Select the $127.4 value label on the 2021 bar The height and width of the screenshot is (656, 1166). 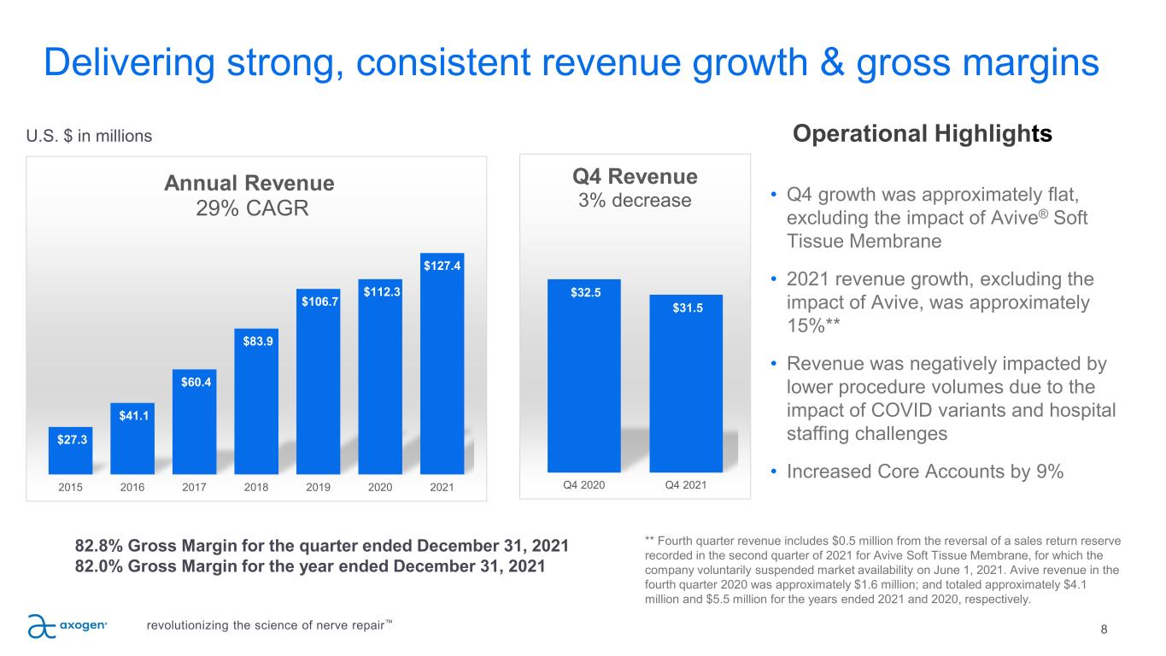tap(442, 266)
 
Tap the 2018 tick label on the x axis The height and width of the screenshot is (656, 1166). tap(256, 487)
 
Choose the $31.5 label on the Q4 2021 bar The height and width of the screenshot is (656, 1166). tap(686, 308)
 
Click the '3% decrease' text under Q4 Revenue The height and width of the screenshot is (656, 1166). tap(634, 201)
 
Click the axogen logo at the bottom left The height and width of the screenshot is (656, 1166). tap(67, 626)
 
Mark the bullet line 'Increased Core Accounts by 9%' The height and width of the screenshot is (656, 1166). tap(923, 471)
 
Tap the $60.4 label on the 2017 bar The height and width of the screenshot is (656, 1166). tap(195, 381)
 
